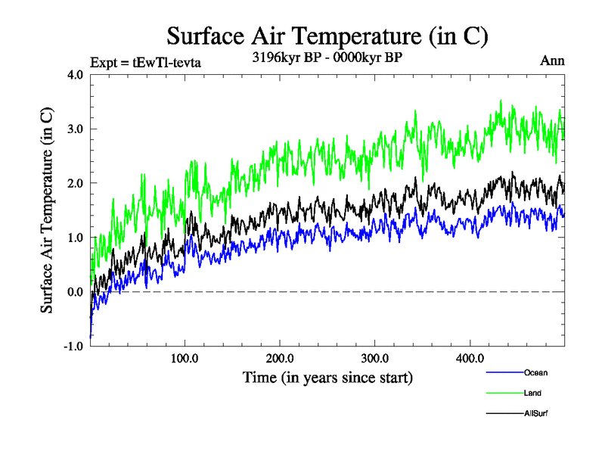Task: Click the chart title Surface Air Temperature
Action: (x=327, y=36)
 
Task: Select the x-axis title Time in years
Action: (x=327, y=376)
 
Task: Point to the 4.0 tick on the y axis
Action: (x=76, y=75)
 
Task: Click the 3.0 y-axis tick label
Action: (x=76, y=129)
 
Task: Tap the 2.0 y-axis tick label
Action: (x=76, y=184)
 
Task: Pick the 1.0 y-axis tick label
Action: (x=76, y=238)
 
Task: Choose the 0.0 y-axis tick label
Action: (x=76, y=292)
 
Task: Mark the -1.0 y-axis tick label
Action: (x=74, y=347)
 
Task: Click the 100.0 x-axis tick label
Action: (x=185, y=358)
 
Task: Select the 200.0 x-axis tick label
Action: (x=280, y=358)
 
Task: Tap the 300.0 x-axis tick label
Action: (x=375, y=358)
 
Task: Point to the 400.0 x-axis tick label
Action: (x=470, y=358)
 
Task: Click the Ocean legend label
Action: (x=535, y=372)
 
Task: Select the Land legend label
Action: (x=532, y=393)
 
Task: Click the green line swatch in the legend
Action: (x=503, y=393)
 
